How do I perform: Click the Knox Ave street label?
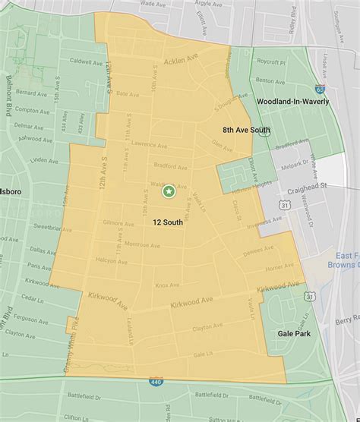pos(166,285)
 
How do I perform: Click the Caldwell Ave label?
pos(84,59)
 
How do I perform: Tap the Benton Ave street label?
pos(286,78)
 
